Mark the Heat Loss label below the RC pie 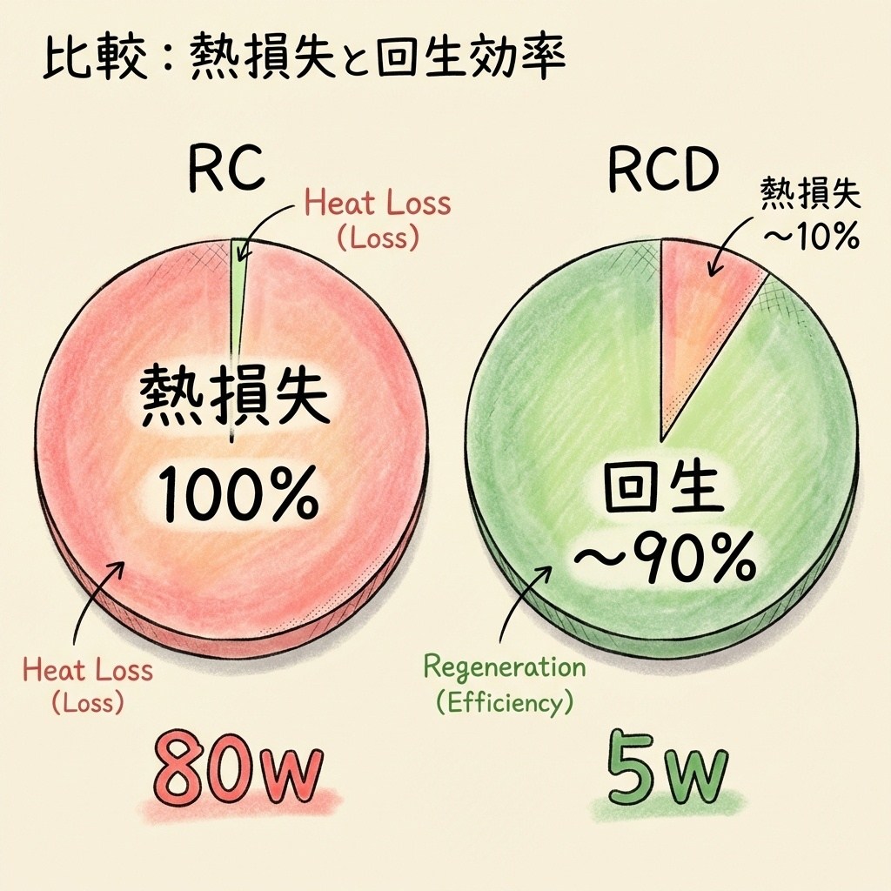click(x=87, y=672)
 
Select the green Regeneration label click(x=505, y=668)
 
